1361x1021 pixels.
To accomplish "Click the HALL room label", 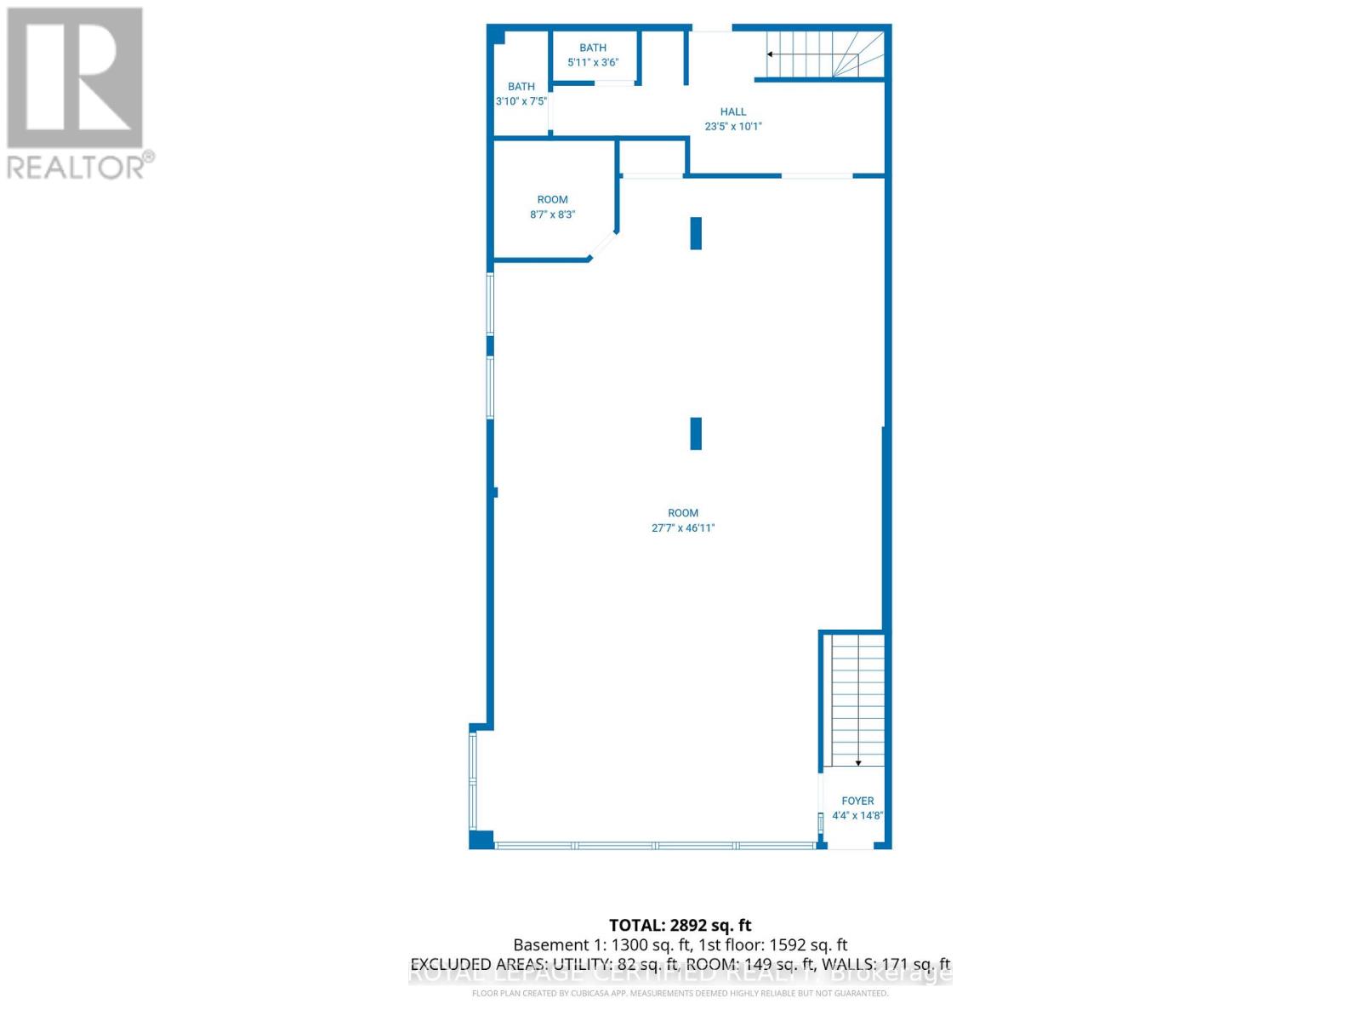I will [x=732, y=111].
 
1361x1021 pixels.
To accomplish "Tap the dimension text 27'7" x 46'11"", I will [x=683, y=528].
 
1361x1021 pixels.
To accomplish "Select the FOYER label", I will [x=857, y=801].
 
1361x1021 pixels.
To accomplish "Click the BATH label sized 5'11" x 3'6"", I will [x=593, y=48].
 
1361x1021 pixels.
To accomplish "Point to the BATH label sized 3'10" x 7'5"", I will [x=521, y=86].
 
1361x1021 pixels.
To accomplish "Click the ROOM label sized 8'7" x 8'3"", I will [x=552, y=199].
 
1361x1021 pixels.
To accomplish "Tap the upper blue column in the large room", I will [x=696, y=233].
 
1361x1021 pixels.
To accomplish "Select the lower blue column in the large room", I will [x=696, y=433].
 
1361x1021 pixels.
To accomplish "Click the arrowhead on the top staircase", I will [x=770, y=54].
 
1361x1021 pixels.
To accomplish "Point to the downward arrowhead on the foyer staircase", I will [x=858, y=763].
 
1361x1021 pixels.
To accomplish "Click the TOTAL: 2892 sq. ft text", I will [x=680, y=925].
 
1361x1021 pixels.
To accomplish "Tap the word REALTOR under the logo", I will [x=75, y=167].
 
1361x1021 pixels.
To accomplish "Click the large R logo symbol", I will [x=75, y=77].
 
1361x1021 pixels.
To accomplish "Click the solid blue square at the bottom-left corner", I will [x=481, y=840].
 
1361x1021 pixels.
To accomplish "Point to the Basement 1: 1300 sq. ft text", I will [x=602, y=944].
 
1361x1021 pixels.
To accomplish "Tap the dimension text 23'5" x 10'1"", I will [x=732, y=126].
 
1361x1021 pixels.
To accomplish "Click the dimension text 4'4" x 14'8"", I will [x=857, y=815].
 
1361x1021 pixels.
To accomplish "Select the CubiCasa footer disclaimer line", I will [x=680, y=993].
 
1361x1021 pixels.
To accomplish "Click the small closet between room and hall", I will [x=652, y=157].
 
